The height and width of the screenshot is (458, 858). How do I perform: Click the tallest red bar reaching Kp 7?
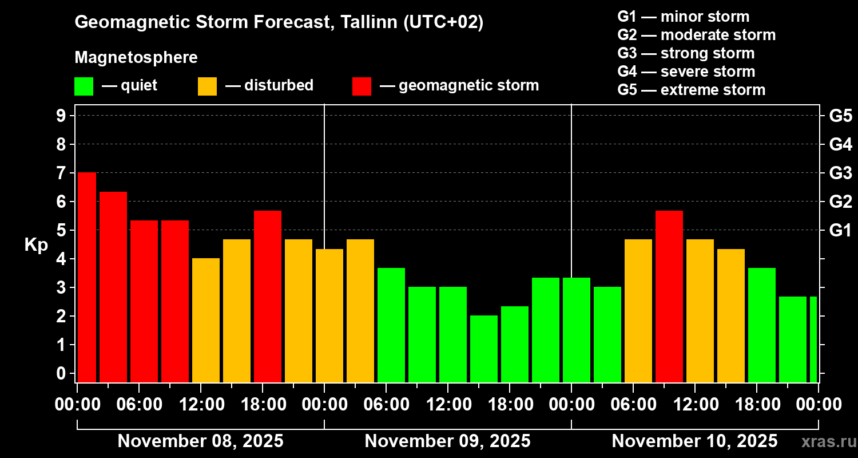(87, 277)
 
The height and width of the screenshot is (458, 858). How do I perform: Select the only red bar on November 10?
(669, 296)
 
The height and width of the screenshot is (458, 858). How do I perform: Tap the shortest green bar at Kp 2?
(484, 349)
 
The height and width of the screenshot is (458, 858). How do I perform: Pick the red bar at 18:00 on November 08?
(268, 296)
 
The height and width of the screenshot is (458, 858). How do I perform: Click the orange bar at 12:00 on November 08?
(206, 320)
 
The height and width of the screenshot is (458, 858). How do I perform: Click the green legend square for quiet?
(84, 86)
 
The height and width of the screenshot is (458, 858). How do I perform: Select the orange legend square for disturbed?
(207, 86)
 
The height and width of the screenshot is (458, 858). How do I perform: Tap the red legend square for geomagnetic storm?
(362, 86)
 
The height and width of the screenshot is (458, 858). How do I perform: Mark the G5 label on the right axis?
(840, 116)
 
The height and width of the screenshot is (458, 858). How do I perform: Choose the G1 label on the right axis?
(840, 230)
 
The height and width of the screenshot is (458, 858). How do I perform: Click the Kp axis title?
(36, 244)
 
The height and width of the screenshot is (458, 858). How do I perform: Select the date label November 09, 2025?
(447, 441)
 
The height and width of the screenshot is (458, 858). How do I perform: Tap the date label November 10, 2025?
(694, 441)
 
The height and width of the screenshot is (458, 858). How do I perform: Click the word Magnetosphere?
(136, 57)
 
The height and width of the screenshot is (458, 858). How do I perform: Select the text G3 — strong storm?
(686, 53)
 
